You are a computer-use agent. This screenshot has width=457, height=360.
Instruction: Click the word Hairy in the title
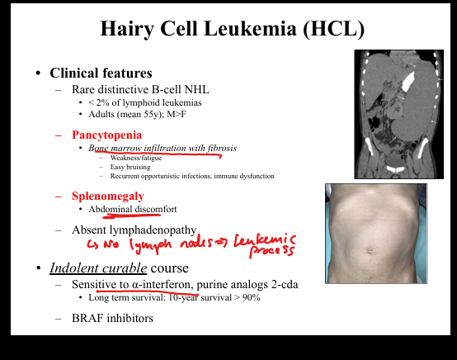(127, 29)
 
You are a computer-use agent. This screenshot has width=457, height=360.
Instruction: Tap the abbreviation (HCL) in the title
(334, 29)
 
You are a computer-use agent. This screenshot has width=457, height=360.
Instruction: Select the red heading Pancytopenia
(107, 135)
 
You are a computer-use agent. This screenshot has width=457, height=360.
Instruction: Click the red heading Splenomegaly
(108, 196)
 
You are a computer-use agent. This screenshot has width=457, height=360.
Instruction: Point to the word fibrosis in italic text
(222, 148)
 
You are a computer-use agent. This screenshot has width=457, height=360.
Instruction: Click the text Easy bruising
(130, 167)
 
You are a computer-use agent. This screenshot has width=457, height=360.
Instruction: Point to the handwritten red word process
(271, 251)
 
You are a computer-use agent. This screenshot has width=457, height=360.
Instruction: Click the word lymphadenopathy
(153, 230)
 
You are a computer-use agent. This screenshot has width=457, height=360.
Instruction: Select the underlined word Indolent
(74, 268)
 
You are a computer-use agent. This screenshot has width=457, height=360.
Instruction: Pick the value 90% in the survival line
(252, 297)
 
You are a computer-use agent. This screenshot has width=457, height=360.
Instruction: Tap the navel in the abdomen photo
(370, 250)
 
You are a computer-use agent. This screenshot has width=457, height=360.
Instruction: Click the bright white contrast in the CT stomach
(408, 79)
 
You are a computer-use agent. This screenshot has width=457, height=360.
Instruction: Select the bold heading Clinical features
(101, 73)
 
